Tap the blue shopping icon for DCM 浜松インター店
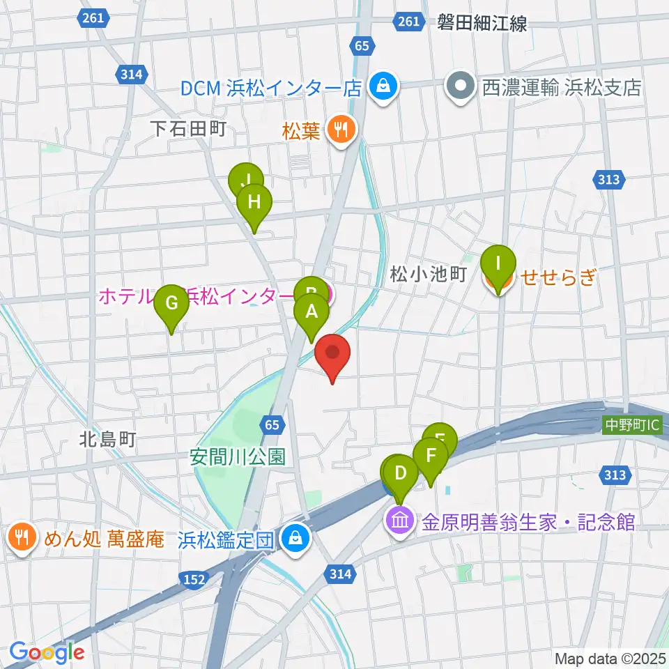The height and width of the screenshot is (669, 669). [x=383, y=88]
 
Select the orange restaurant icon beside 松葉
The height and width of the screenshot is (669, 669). [x=341, y=129]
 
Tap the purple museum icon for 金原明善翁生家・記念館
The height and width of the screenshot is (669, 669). [x=400, y=521]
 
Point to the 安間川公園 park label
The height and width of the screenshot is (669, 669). [x=238, y=457]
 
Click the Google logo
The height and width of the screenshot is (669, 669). [x=47, y=652]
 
